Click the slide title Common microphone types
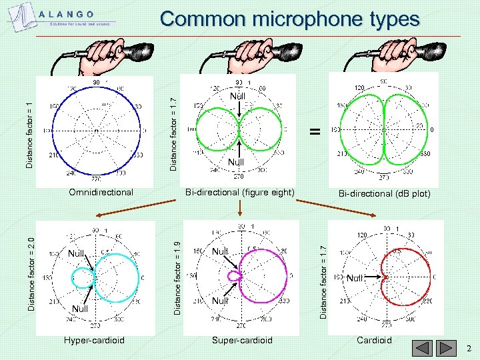click(290, 19)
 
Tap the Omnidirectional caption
click(101, 192)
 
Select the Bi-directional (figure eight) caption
click(239, 192)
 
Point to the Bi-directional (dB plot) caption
click(384, 193)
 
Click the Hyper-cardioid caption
click(94, 340)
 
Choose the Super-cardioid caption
click(242, 340)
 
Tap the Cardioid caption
click(374, 340)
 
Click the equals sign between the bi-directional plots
click(314, 132)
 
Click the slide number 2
click(469, 349)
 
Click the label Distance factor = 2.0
click(31, 269)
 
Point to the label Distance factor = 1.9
click(177, 269)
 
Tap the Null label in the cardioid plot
click(354, 278)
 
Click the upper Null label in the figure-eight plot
click(237, 97)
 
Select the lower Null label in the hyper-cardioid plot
click(79, 309)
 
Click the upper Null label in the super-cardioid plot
click(220, 251)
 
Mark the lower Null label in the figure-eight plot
click(236, 162)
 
